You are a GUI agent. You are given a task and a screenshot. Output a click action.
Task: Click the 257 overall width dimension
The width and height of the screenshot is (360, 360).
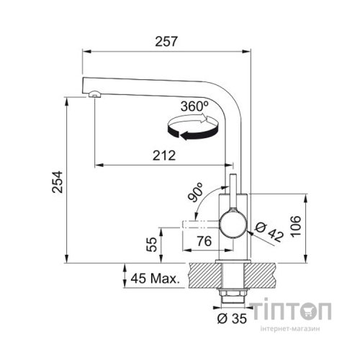coord(166,41)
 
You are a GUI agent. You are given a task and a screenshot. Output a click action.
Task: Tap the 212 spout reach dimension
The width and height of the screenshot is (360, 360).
coord(164,156)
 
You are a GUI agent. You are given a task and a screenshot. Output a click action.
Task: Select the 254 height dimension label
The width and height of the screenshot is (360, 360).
coord(58,182)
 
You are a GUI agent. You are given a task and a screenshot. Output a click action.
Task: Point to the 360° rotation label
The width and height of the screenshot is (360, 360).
coord(194,107)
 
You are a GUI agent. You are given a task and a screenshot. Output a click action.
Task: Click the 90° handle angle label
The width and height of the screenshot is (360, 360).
coord(196,192)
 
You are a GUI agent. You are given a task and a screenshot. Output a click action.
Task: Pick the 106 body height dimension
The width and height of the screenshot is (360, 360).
coord(295,226)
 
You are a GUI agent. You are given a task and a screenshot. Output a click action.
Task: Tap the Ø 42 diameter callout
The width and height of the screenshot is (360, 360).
coord(269,232)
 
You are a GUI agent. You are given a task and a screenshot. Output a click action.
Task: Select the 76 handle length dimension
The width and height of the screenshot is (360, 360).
coord(204,240)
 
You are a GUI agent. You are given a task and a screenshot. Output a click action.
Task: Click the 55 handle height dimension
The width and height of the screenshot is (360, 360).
coord(152,244)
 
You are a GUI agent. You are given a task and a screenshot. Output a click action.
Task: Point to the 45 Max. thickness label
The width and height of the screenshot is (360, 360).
coord(155,279)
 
